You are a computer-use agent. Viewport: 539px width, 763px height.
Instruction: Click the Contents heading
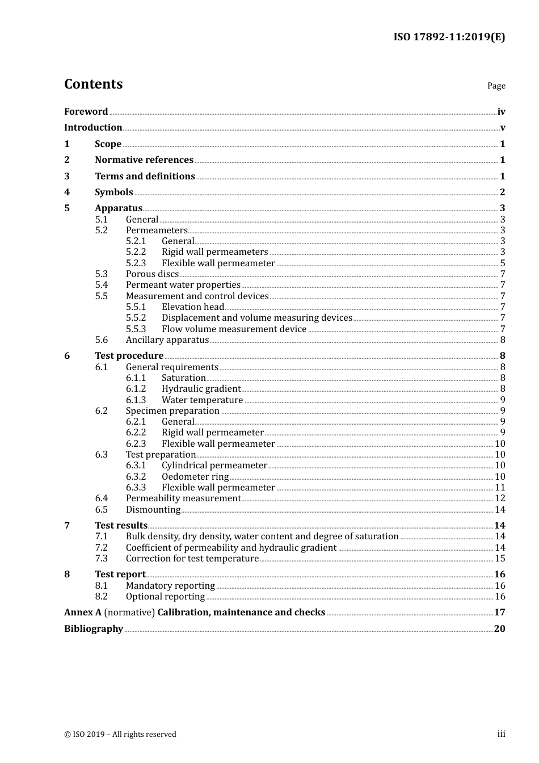93,84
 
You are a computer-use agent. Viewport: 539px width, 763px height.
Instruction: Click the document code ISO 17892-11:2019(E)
449,37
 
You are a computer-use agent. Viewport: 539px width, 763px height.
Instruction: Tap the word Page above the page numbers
496,86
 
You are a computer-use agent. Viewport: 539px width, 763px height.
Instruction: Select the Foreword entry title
86,112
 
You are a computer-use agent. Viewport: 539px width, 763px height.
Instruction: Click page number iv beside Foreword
501,112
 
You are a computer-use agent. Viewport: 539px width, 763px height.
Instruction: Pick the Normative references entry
144,160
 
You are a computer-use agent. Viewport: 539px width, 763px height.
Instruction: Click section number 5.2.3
136,263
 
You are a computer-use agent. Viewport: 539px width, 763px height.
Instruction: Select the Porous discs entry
152,274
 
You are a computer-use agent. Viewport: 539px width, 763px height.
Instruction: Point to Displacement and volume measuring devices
257,318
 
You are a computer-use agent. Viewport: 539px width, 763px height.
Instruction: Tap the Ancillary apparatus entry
167,340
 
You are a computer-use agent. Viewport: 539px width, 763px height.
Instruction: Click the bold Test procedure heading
129,356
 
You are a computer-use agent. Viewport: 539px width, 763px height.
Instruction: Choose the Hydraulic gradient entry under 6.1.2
201,389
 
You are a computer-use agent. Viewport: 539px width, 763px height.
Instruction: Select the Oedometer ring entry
195,477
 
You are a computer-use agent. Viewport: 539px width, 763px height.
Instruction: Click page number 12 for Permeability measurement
500,498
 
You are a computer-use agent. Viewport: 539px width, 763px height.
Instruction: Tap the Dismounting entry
153,510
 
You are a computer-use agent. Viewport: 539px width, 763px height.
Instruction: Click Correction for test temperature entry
192,559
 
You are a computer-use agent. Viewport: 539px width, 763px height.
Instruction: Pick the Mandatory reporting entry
170,586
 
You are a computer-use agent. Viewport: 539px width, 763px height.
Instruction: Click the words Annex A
83,613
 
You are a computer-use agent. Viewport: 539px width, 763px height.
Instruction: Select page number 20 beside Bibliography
499,629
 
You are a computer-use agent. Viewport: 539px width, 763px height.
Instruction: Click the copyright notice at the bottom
120,735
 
